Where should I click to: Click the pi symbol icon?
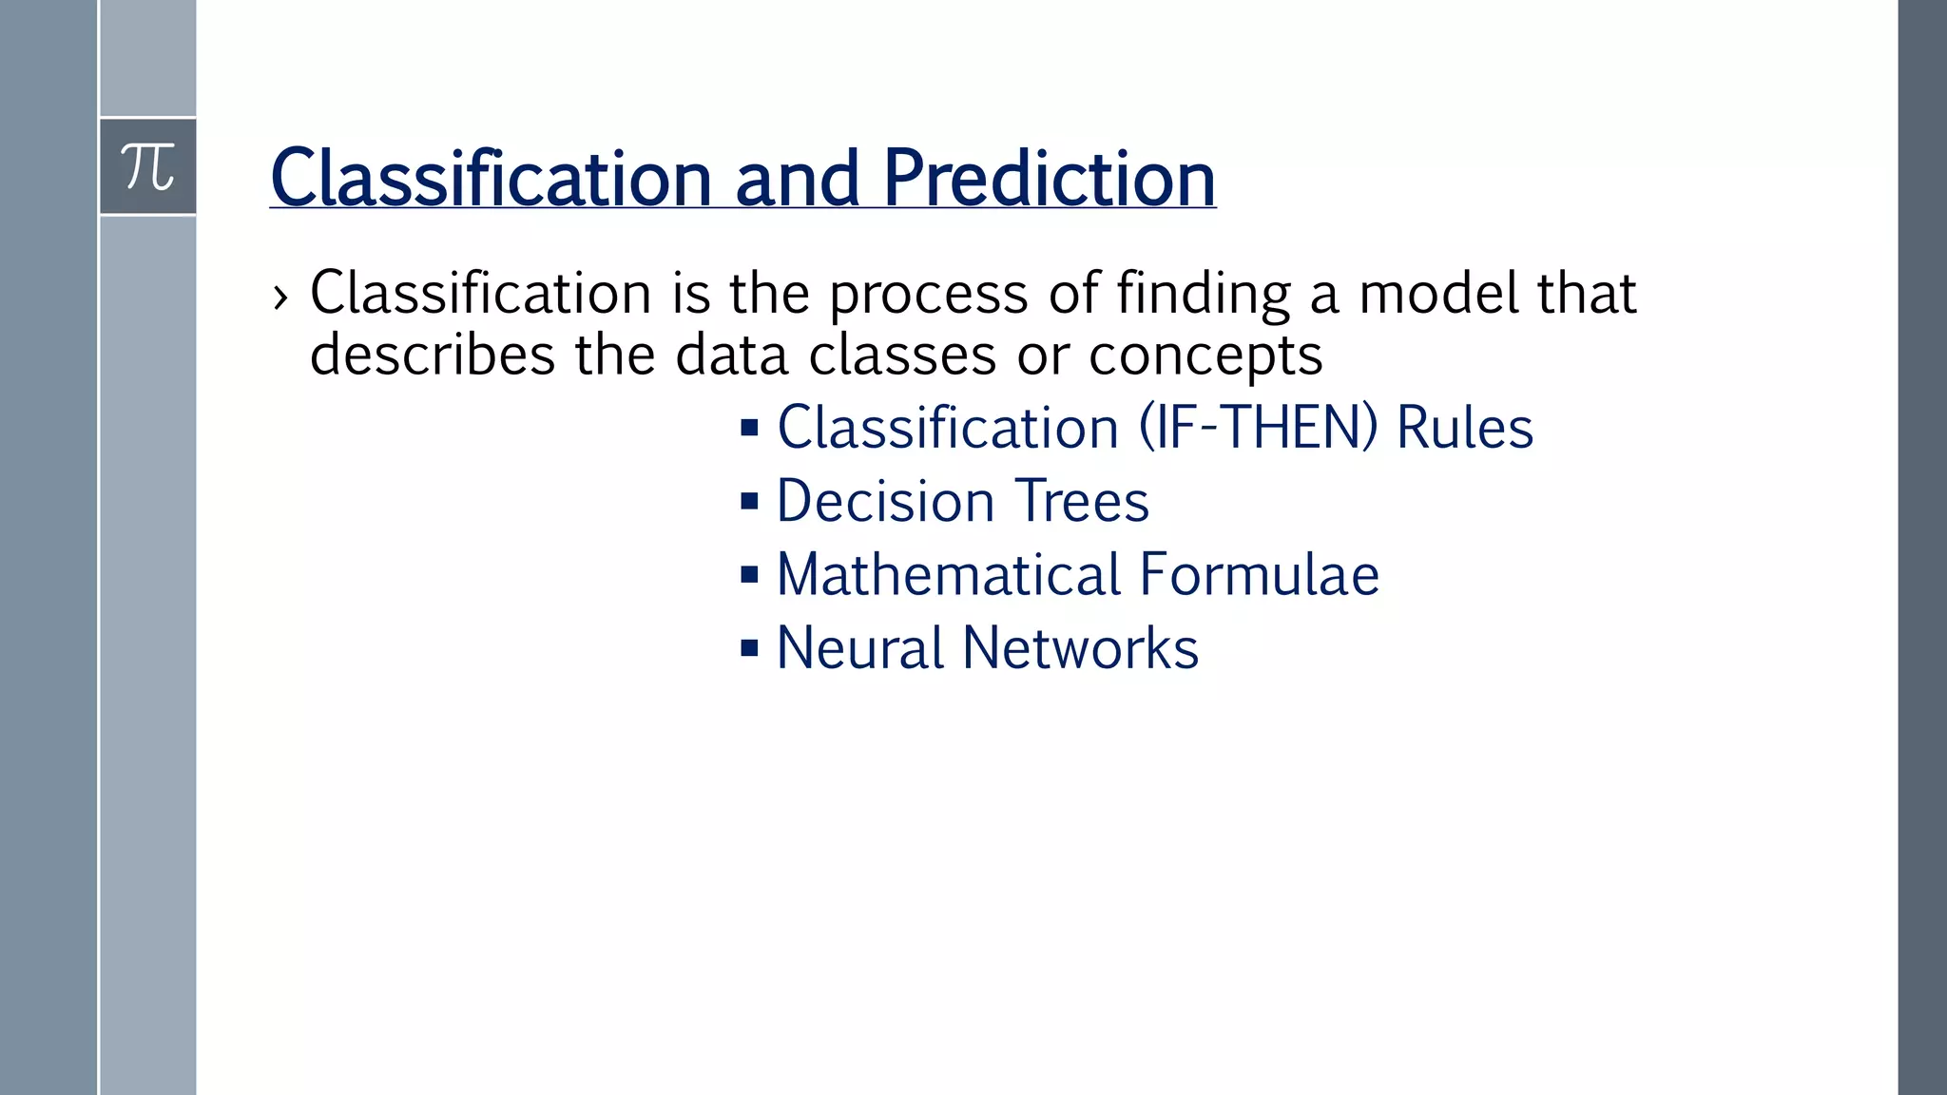(148, 167)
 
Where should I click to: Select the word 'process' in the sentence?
(929, 295)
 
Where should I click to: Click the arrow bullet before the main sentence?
(280, 298)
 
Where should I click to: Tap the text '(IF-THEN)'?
(1258, 428)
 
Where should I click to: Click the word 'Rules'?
(1464, 428)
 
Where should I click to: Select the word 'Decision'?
(885, 501)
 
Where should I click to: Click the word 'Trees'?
(1082, 501)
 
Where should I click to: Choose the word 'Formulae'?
(1259, 575)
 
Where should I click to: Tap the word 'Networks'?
(1080, 648)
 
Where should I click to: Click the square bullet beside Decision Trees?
(749, 501)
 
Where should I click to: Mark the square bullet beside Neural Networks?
(749, 649)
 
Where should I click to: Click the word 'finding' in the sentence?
(1203, 295)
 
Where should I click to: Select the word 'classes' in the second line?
(902, 355)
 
